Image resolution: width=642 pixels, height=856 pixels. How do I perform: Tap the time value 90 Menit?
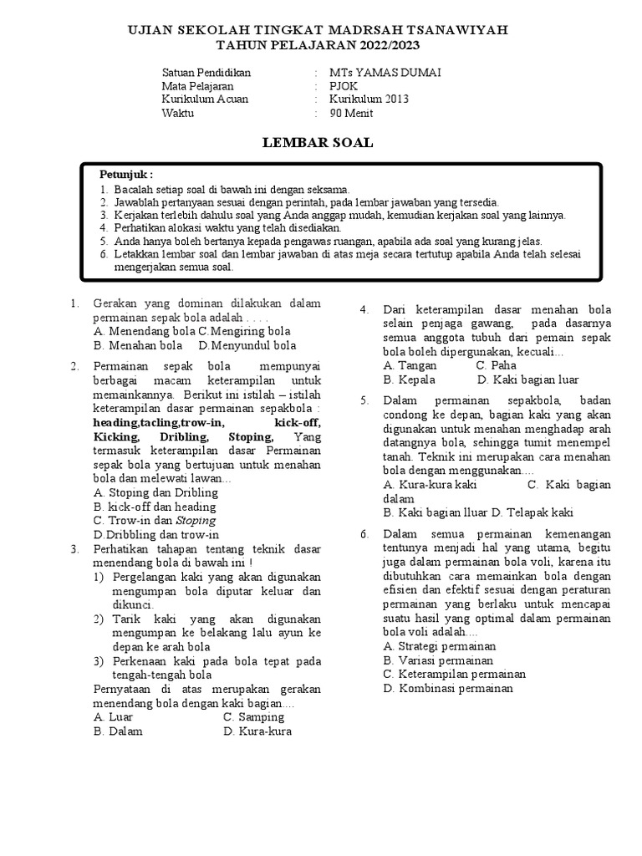(352, 114)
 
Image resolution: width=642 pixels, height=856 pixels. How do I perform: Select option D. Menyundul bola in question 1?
(247, 345)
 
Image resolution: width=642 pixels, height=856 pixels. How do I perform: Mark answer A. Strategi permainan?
(439, 646)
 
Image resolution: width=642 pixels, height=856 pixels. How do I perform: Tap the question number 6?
(364, 533)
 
